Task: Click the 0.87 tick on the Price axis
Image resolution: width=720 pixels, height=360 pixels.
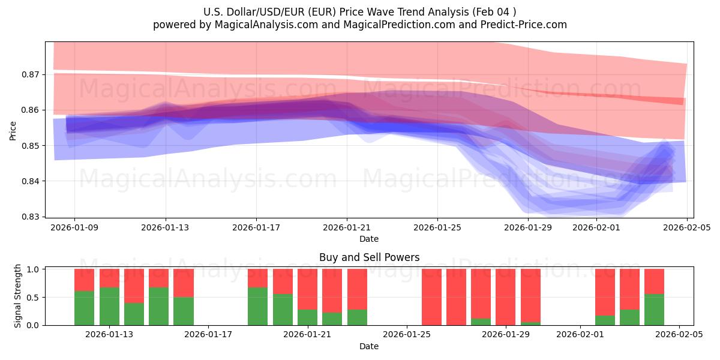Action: click(x=31, y=74)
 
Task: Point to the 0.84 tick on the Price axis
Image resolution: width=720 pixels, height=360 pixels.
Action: click(x=31, y=181)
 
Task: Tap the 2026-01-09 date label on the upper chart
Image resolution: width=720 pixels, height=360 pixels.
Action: click(x=75, y=227)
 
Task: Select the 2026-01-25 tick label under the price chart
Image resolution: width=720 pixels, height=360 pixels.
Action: click(x=437, y=227)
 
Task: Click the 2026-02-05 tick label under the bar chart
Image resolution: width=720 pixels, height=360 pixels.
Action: click(x=679, y=335)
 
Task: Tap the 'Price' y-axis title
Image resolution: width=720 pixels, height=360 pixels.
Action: click(x=13, y=130)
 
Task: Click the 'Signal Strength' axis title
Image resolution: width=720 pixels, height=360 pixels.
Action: click(x=18, y=296)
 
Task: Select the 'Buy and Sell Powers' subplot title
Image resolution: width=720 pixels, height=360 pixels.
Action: click(x=369, y=257)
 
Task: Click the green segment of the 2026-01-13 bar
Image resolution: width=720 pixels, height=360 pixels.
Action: click(x=109, y=306)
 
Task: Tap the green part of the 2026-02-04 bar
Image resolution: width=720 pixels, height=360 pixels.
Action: click(x=654, y=310)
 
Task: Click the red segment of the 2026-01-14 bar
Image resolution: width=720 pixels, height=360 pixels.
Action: click(x=134, y=286)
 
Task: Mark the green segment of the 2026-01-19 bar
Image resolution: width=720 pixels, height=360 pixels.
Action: click(x=257, y=306)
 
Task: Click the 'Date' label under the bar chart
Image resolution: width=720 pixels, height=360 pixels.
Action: click(x=369, y=346)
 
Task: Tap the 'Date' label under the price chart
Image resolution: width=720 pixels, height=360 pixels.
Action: click(x=369, y=239)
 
